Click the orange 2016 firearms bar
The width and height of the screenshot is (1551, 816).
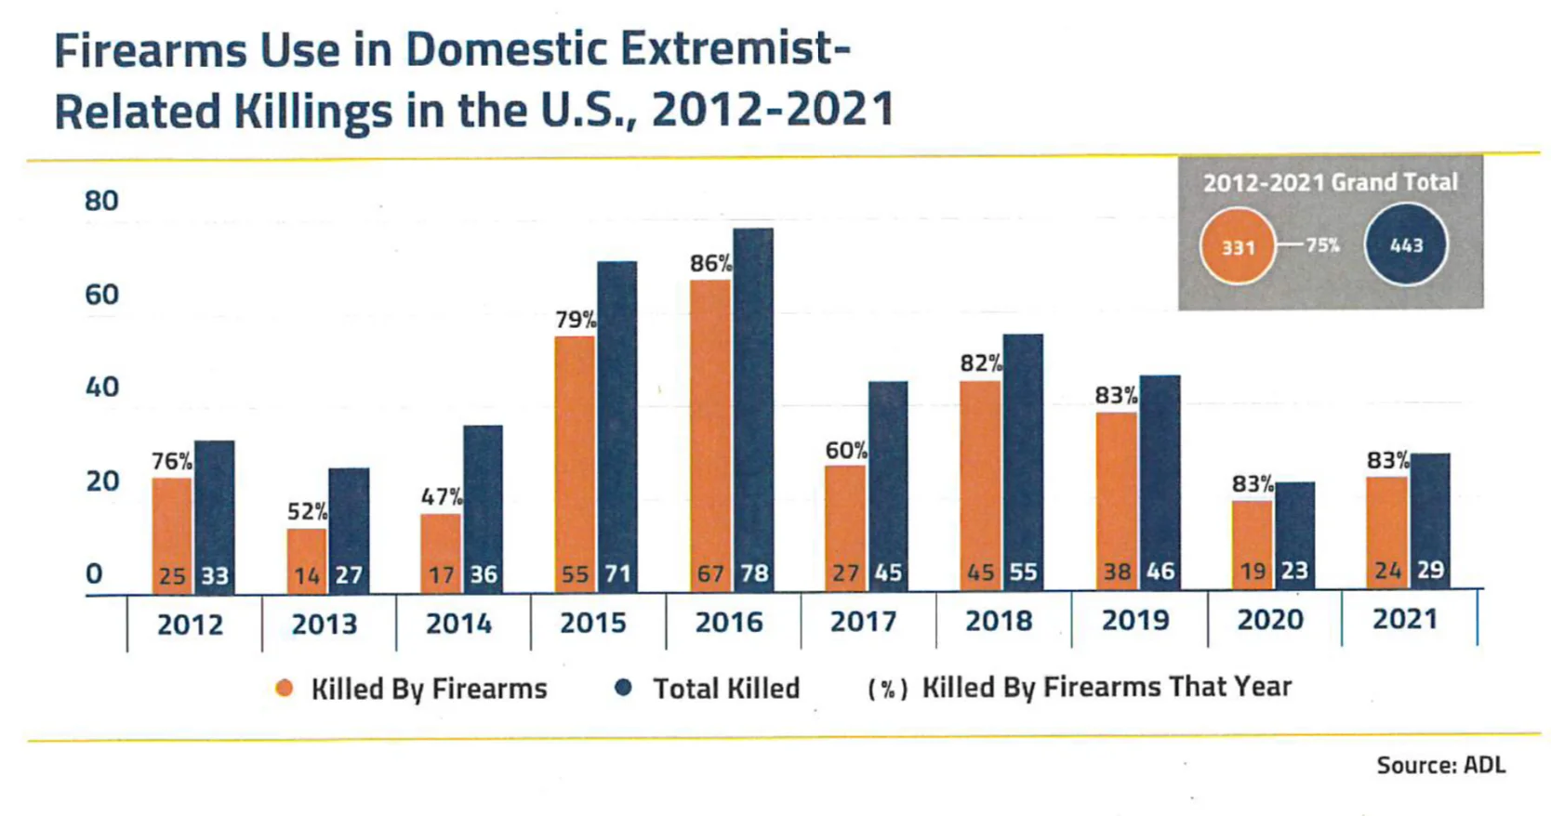(x=710, y=428)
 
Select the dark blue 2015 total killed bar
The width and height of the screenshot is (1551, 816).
(x=616, y=418)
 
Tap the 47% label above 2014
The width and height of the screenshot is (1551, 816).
(x=441, y=497)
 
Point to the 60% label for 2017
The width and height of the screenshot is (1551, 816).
(x=846, y=451)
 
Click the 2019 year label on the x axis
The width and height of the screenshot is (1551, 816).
(x=1134, y=620)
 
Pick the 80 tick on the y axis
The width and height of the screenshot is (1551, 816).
(x=101, y=201)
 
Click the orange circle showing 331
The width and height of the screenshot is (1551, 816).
(x=1237, y=246)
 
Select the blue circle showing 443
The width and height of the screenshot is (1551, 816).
(x=1405, y=245)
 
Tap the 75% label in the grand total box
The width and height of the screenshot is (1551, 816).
(x=1322, y=245)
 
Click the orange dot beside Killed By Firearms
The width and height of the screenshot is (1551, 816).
(x=285, y=688)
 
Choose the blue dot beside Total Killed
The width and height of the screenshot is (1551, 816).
(x=624, y=687)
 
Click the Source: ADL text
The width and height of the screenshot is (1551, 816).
(x=1440, y=765)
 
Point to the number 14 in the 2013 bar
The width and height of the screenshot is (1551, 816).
(x=306, y=576)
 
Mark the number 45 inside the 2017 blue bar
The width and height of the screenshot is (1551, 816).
(x=888, y=573)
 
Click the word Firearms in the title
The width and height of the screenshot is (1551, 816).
(x=150, y=50)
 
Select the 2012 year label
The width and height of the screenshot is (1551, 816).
(x=190, y=625)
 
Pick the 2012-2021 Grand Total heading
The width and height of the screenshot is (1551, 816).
(x=1330, y=182)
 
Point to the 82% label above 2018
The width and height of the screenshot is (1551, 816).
(x=981, y=363)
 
